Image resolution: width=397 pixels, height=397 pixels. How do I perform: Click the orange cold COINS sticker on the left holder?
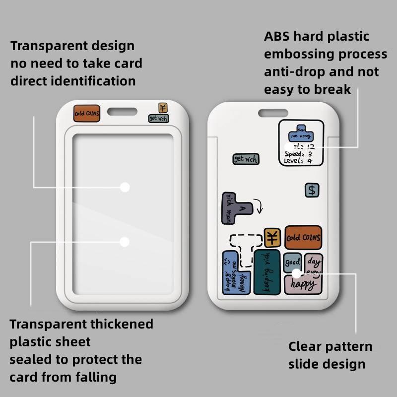click(x=87, y=113)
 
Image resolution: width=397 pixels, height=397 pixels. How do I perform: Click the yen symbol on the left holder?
click(x=163, y=108)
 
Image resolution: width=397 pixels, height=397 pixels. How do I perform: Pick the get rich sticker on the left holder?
click(x=159, y=118)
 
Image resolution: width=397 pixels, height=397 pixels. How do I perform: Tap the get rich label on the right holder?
click(x=246, y=159)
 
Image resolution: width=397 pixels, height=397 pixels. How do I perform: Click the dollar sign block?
click(x=312, y=190)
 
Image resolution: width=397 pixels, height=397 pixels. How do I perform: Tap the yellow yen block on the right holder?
click(x=272, y=238)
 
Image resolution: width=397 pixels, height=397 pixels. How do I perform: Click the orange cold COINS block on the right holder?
click(x=303, y=238)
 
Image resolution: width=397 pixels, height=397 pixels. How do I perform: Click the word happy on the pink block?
click(x=303, y=285)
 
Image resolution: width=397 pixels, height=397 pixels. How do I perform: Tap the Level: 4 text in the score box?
click(x=298, y=161)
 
